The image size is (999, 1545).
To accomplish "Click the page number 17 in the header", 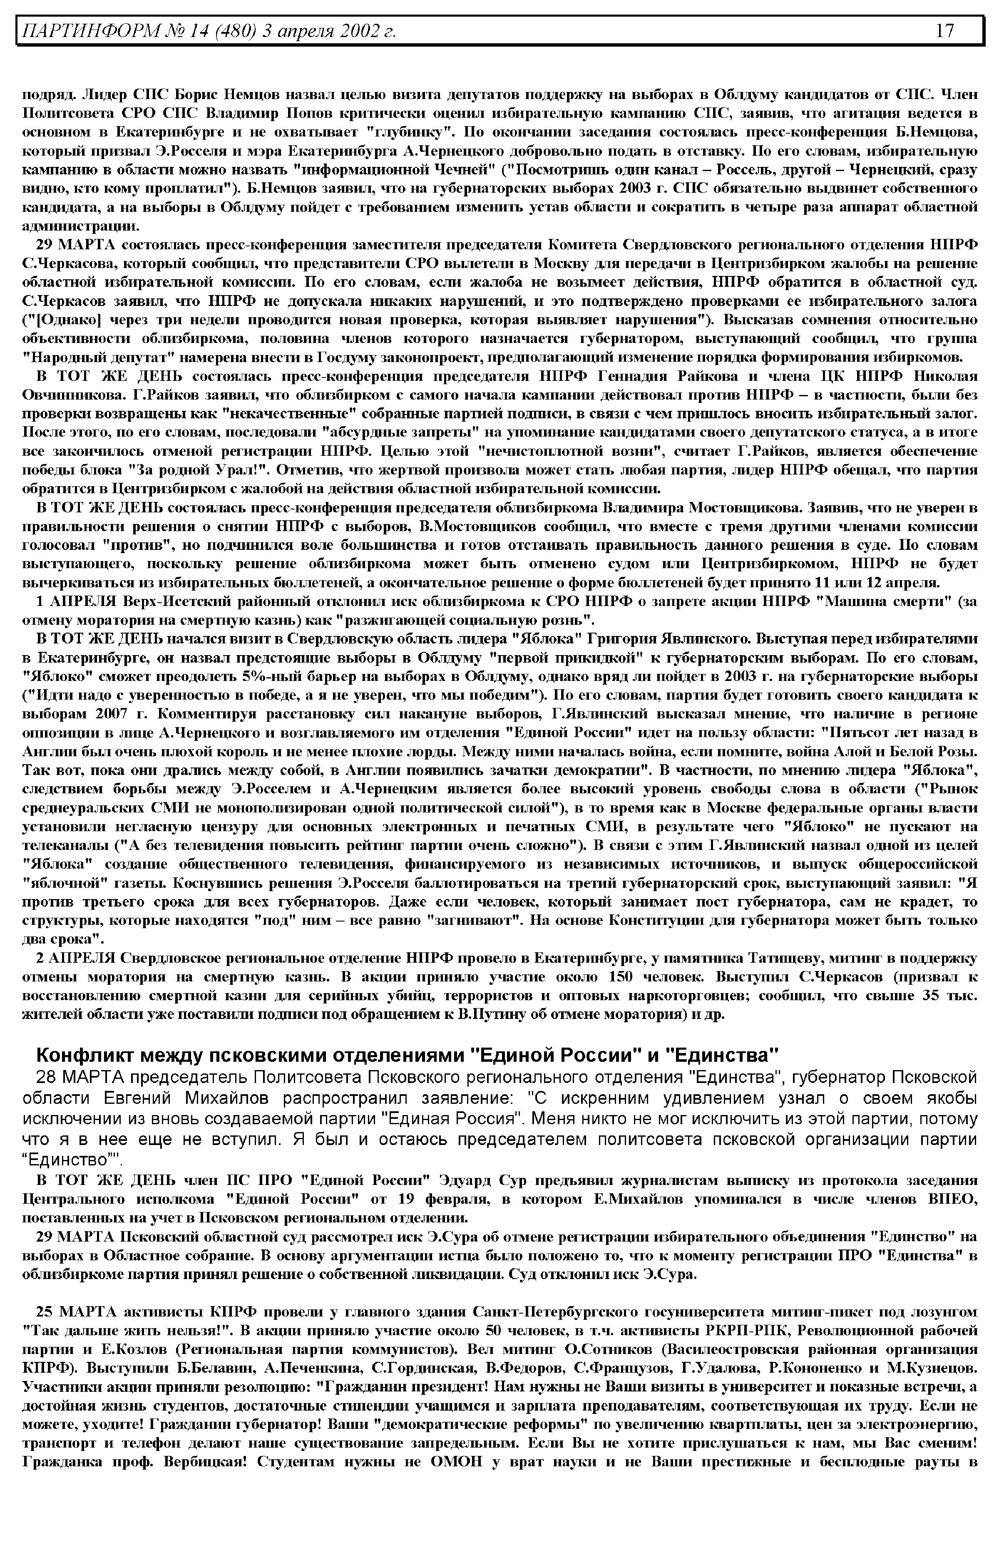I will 944,30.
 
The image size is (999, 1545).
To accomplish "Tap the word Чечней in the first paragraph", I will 459,170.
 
